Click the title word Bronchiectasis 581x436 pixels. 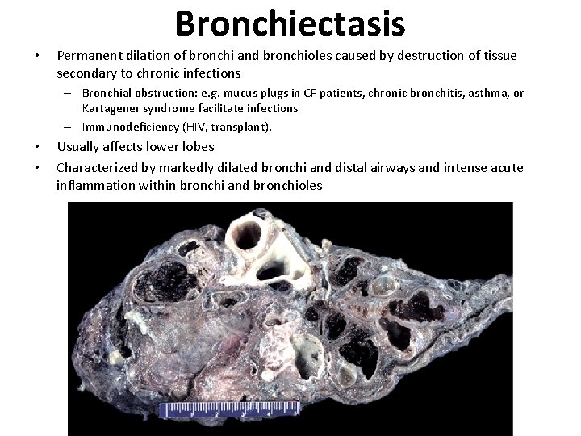(290, 24)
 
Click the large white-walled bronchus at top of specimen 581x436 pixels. (248, 235)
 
